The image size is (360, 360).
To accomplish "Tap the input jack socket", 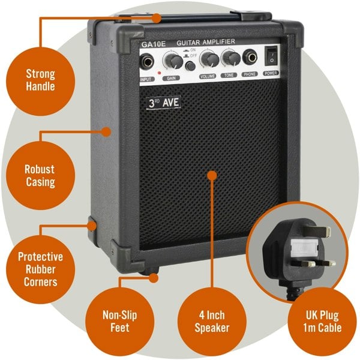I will coord(146,62).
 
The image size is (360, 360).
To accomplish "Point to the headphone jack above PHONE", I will coord(250,58).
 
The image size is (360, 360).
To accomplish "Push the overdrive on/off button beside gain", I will coord(190,65).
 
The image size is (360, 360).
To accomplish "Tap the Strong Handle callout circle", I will coord(40,80).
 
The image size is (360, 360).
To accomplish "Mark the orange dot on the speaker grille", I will coord(211,175).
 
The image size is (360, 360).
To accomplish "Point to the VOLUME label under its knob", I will coord(208,77).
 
